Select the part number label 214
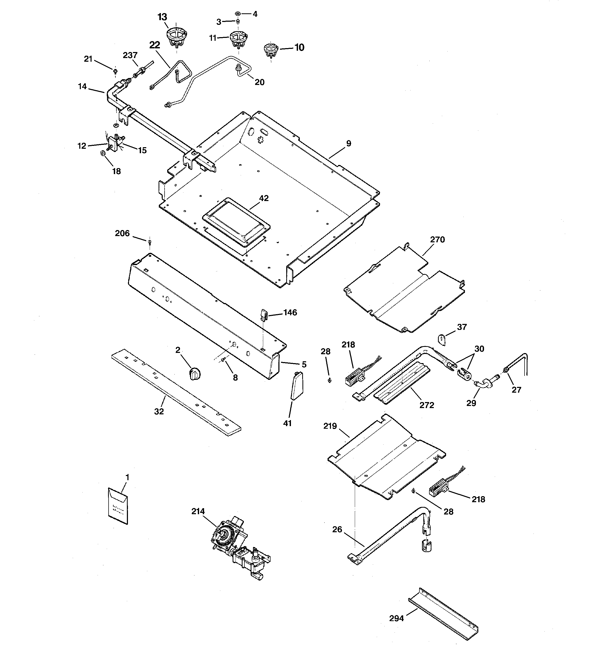click(x=198, y=511)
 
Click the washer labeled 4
click(x=238, y=14)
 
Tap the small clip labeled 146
click(x=263, y=314)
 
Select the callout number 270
click(x=437, y=239)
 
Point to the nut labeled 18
click(x=102, y=153)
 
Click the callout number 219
click(x=330, y=426)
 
